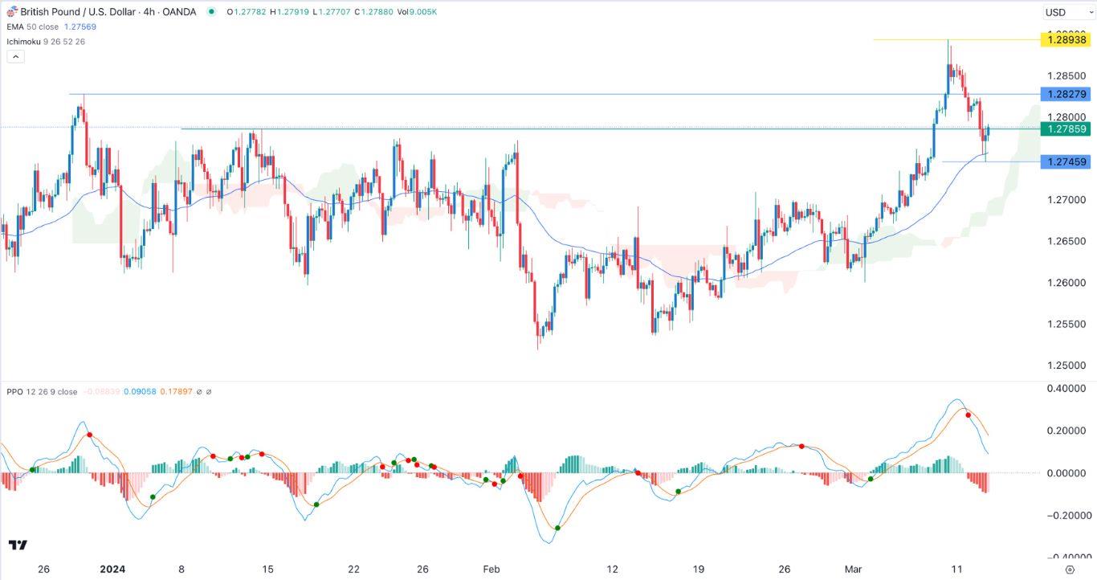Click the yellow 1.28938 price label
click(x=1064, y=39)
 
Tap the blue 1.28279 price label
click(x=1064, y=94)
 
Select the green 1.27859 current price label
click(x=1064, y=129)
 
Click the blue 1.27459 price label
click(x=1064, y=162)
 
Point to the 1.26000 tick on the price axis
click(x=1066, y=283)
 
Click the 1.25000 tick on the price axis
click(x=1066, y=366)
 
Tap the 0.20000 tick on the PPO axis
click(x=1066, y=431)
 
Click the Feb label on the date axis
click(x=491, y=570)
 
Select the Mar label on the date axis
click(x=854, y=570)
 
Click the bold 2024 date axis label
click(x=112, y=570)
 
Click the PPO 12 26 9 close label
click(x=42, y=392)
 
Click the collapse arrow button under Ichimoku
click(x=15, y=56)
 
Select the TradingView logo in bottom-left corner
click(x=18, y=545)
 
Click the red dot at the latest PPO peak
click(x=969, y=415)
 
